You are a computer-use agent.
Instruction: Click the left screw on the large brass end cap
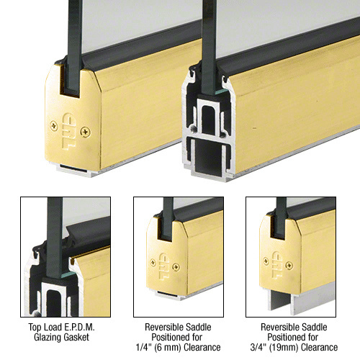(x=54, y=126)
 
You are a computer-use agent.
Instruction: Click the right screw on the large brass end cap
(x=86, y=132)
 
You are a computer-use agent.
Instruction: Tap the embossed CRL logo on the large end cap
(x=69, y=131)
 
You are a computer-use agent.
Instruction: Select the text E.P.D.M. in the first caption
(x=79, y=327)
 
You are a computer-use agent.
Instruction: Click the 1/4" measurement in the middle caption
(x=143, y=347)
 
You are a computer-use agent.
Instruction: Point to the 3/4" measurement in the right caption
(x=258, y=347)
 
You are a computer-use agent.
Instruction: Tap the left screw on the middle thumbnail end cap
(x=153, y=263)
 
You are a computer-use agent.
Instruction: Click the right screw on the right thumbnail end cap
(x=289, y=265)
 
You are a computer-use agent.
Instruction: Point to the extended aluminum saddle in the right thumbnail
(x=300, y=301)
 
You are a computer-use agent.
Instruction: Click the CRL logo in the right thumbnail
(x=277, y=265)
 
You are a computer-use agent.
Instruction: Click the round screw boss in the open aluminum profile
(x=192, y=128)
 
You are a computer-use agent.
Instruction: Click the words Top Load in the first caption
(x=45, y=327)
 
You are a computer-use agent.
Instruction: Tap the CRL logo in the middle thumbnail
(x=164, y=266)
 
